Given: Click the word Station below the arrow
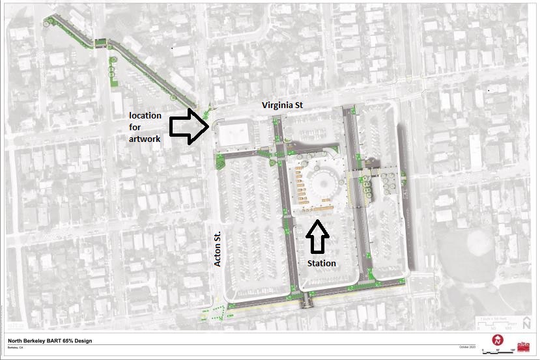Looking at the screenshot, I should pos(322,263).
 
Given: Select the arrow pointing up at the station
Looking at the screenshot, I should pos(317,238).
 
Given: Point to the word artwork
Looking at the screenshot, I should pos(145,139).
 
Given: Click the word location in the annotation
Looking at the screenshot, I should pos(145,115).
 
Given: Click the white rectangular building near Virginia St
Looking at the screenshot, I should pos(234,134).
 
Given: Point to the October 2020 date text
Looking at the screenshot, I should pos(468,346).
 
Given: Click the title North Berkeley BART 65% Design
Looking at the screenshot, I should pos(50,340).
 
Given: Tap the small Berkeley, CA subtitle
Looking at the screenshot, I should pos(17,347).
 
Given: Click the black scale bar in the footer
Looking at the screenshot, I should pos(498,352).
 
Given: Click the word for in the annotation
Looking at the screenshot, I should pos(135,127).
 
